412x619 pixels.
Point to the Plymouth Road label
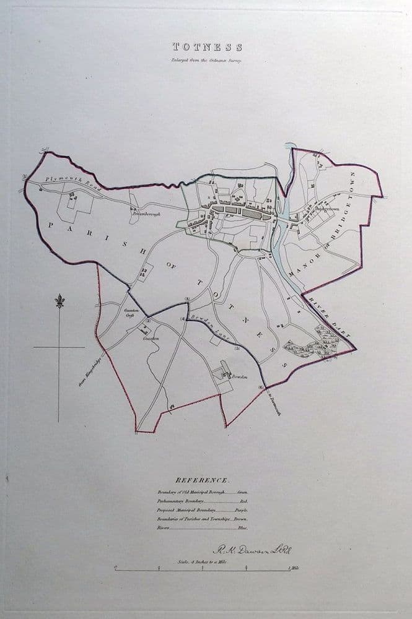point(64,182)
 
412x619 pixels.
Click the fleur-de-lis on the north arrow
point(59,301)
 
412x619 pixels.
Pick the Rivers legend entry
point(202,529)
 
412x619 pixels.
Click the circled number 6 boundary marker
point(261,388)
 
